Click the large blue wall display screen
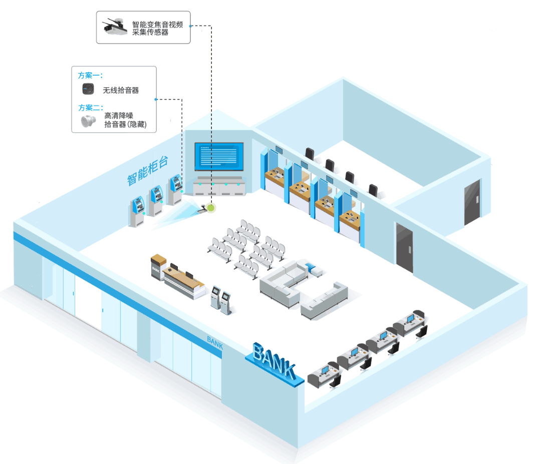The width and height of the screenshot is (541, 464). click(219, 156)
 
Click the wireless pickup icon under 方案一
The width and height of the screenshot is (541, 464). click(89, 90)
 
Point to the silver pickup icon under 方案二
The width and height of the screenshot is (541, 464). click(89, 121)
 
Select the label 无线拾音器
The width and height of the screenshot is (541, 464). click(121, 91)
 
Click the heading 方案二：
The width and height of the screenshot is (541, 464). click(91, 107)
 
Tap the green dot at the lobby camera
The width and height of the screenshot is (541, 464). click(211, 206)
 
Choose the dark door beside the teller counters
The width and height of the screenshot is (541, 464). click(404, 247)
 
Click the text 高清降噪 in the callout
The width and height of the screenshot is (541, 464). click(118, 116)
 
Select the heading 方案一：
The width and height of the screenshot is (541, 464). click(91, 76)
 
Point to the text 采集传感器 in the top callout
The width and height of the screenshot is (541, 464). click(150, 33)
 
